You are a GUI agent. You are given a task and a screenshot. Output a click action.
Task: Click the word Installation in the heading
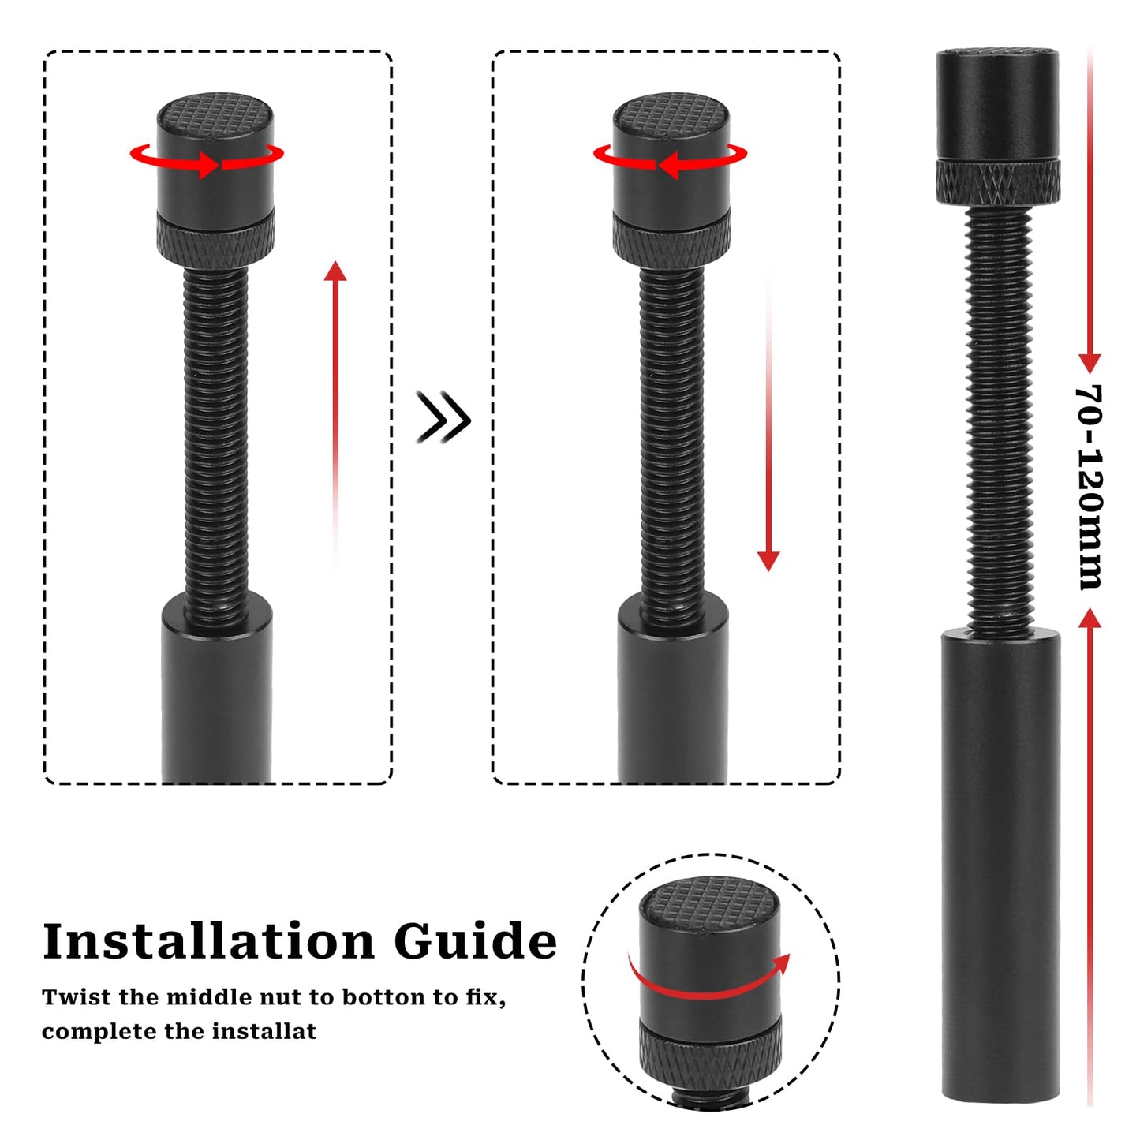point(208,941)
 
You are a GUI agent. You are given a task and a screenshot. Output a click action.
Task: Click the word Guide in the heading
point(475,941)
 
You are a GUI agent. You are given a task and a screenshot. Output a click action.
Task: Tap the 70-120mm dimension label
point(1090,487)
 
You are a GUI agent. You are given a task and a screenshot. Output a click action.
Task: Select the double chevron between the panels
point(443,417)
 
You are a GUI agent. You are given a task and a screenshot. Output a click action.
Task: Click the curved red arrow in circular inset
point(710,982)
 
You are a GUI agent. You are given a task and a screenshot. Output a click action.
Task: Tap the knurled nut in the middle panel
point(671,240)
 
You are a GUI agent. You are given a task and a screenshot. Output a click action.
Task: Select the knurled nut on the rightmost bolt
point(998,181)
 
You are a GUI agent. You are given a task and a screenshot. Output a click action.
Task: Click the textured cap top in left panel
point(215,114)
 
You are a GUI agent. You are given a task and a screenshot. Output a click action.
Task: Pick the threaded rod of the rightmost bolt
point(999,418)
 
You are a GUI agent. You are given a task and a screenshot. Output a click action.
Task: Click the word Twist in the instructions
point(77,997)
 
